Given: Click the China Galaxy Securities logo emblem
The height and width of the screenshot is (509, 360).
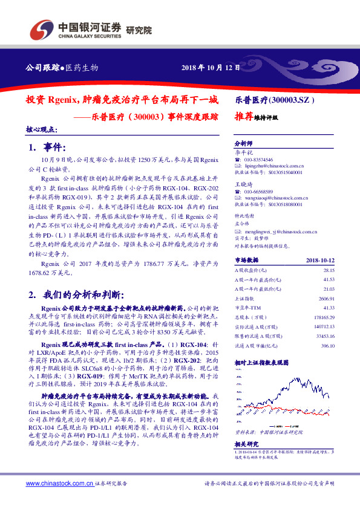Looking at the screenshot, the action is pos(42,28).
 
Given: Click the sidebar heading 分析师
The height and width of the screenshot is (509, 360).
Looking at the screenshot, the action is pos(243,144).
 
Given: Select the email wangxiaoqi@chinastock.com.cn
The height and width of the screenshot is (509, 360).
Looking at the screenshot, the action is pos(278,197).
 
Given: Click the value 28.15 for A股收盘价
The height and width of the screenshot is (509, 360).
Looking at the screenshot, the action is pos(329,271).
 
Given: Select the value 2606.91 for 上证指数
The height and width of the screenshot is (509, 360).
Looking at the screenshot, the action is pos(327,299).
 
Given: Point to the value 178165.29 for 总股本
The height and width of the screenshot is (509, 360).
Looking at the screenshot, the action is pos(324,317).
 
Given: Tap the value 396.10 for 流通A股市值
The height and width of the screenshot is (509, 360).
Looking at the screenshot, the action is pos(328,346).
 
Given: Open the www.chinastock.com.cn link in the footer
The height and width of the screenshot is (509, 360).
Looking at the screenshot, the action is pos(61,501).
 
